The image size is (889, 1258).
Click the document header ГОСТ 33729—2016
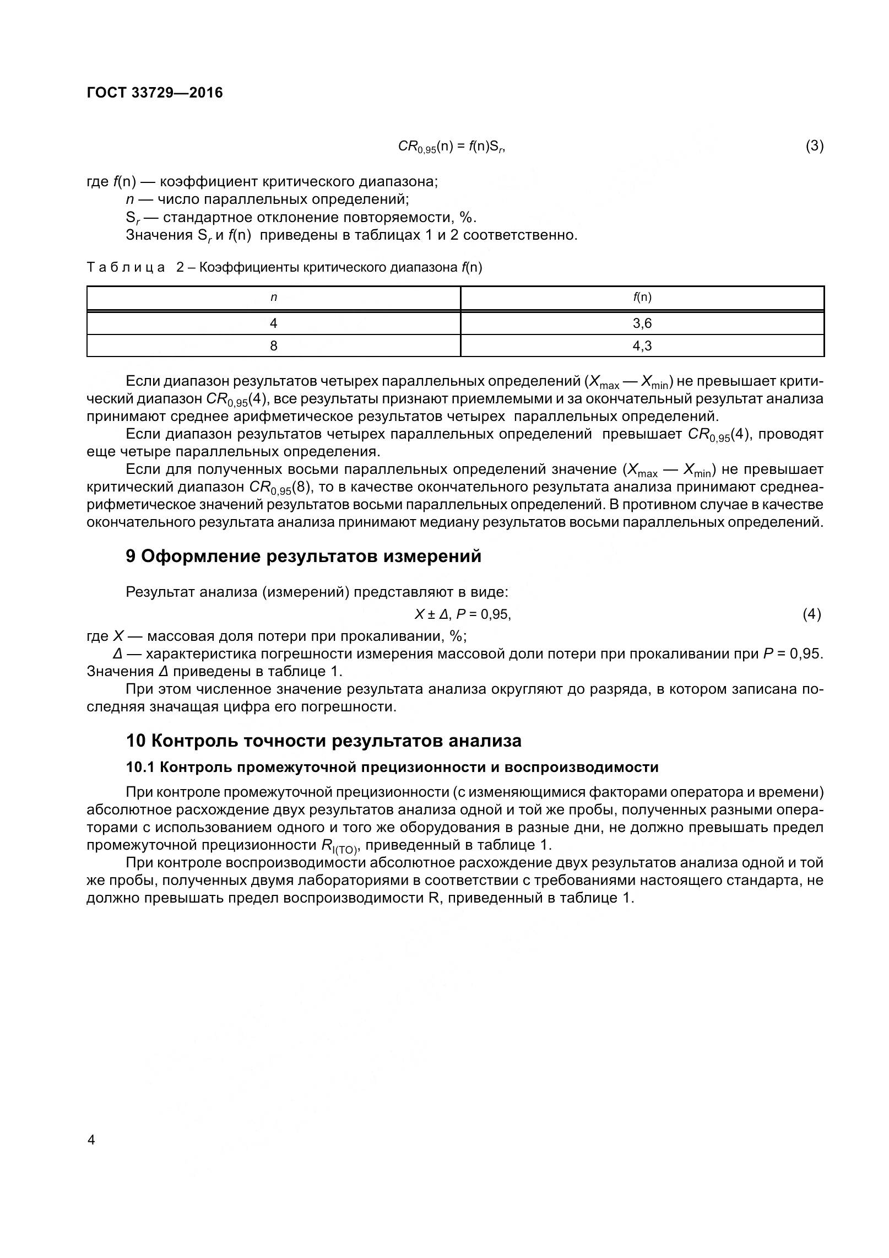click(155, 93)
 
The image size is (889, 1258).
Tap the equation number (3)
click(814, 146)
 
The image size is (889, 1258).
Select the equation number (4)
click(811, 614)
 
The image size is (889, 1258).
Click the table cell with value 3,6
click(642, 323)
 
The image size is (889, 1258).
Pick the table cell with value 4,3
click(642, 346)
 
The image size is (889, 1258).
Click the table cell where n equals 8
click(273, 346)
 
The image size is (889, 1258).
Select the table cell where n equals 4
click(273, 323)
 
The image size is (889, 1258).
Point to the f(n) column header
click(642, 298)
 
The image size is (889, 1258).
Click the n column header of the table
click(273, 298)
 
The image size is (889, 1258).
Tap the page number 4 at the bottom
click(91, 1140)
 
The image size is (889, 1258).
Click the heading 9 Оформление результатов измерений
click(303, 557)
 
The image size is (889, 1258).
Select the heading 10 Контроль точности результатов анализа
click(323, 741)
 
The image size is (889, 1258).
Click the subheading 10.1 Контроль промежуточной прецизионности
click(392, 767)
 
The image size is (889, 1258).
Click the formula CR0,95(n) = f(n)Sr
click(452, 147)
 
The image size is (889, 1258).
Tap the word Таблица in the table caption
click(126, 268)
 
